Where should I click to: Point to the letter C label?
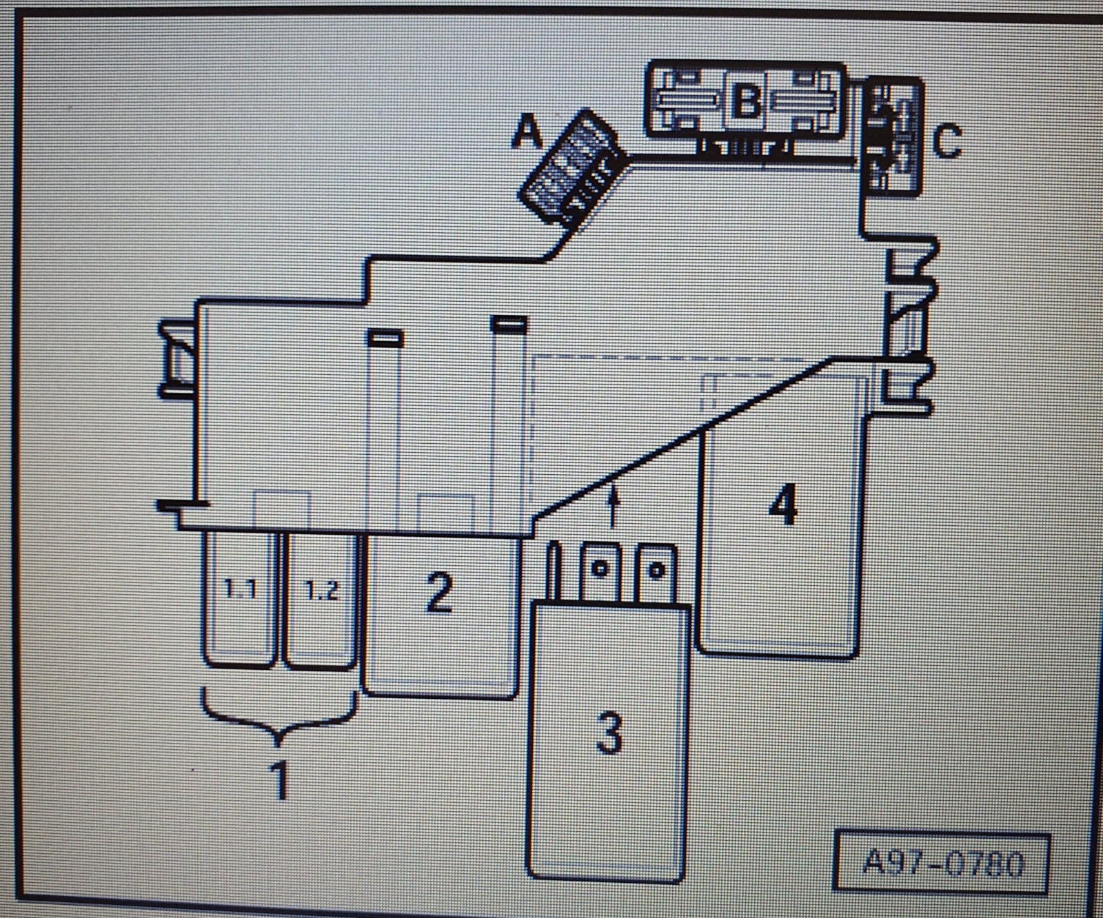coord(947,141)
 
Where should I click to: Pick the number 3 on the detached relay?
coord(608,733)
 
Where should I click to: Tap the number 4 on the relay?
coord(783,505)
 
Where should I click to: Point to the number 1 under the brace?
coord(279,780)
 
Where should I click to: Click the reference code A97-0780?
coord(942,864)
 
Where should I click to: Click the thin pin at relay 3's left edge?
coord(554,573)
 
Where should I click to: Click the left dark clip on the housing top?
coord(385,338)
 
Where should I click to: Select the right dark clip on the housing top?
coord(508,323)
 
